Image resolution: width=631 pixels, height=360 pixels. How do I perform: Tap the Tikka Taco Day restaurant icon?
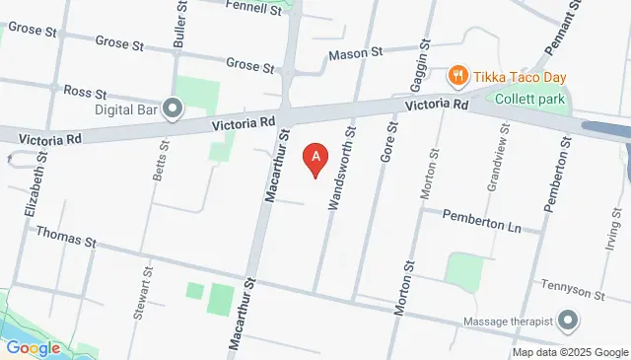pyautogui.click(x=457, y=76)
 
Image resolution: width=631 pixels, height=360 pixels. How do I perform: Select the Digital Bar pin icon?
pyautogui.click(x=174, y=108)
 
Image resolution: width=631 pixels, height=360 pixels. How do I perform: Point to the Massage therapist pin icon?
pyautogui.click(x=568, y=320)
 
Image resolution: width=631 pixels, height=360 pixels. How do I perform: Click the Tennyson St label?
pyautogui.click(x=572, y=293)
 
